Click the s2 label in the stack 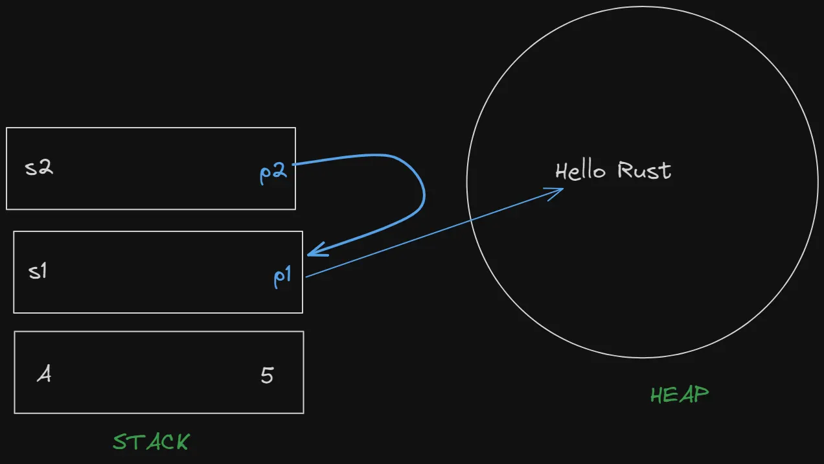[x=39, y=168]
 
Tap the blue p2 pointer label [x=273, y=174]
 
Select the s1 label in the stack [x=38, y=272]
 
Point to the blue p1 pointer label [x=282, y=277]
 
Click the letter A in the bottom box [x=43, y=375]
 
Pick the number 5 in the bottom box [x=267, y=375]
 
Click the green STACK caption [x=152, y=442]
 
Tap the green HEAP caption [x=680, y=394]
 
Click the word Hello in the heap [x=580, y=171]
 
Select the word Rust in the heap [x=644, y=170]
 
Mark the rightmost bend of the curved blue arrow [x=424, y=191]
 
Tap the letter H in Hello [x=562, y=171]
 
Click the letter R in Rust [x=624, y=170]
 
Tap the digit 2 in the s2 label [x=45, y=168]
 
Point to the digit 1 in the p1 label [x=288, y=275]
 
